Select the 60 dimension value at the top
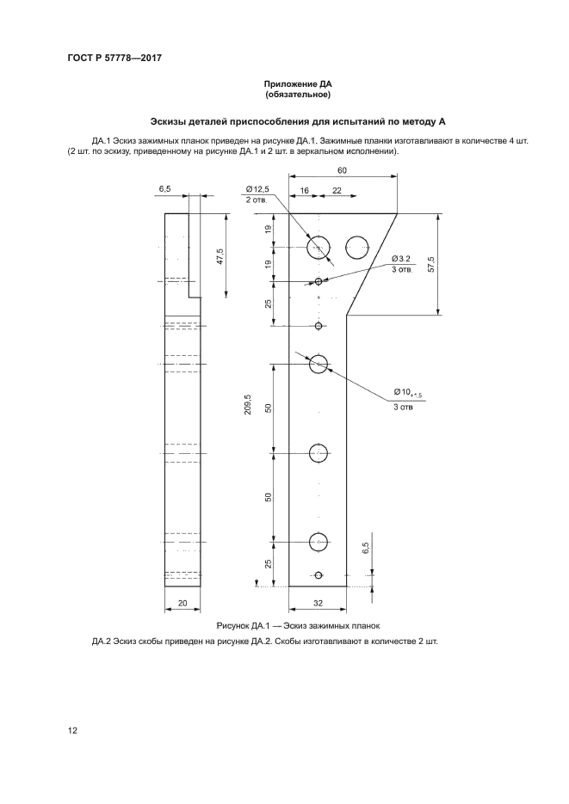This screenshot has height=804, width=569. (342, 170)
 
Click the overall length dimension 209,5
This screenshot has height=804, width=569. (248, 404)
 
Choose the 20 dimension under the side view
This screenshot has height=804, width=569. (182, 603)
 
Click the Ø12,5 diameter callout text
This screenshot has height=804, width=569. (257, 188)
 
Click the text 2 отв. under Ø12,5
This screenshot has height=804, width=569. (257, 199)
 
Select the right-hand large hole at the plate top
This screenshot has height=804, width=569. (357, 247)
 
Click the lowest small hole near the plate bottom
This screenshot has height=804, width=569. (319, 574)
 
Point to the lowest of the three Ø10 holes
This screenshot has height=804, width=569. (319, 542)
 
